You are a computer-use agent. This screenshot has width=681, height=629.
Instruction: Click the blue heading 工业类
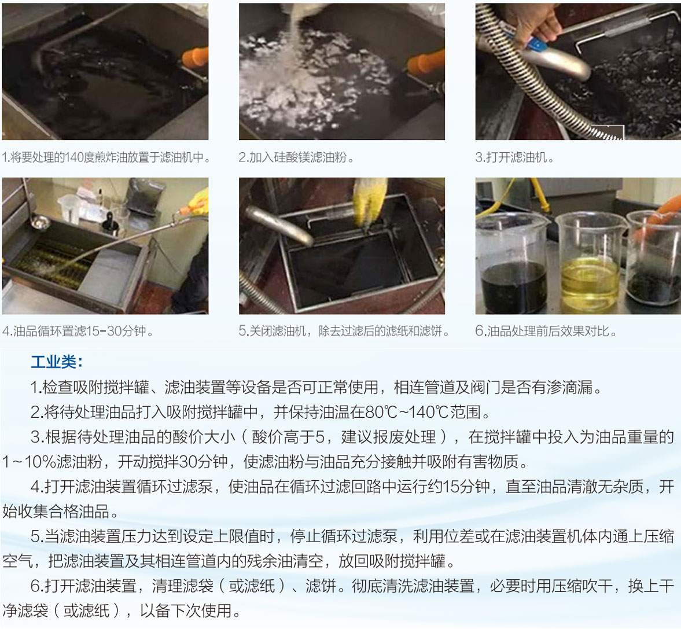tap(57, 362)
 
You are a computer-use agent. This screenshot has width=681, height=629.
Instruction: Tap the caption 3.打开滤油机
tap(515, 157)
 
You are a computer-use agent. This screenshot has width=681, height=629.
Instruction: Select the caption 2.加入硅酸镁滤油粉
tap(296, 157)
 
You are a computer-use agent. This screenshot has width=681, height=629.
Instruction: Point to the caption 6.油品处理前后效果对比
tap(546, 331)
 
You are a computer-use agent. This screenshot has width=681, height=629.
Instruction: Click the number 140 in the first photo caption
tap(74, 157)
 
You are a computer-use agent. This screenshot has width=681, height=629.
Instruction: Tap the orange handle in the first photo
tap(195, 58)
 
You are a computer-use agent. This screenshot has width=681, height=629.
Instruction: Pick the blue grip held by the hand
tap(536, 43)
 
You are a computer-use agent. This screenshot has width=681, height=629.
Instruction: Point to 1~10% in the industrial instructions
tap(29, 462)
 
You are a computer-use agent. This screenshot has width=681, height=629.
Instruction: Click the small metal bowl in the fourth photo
tap(40, 223)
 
